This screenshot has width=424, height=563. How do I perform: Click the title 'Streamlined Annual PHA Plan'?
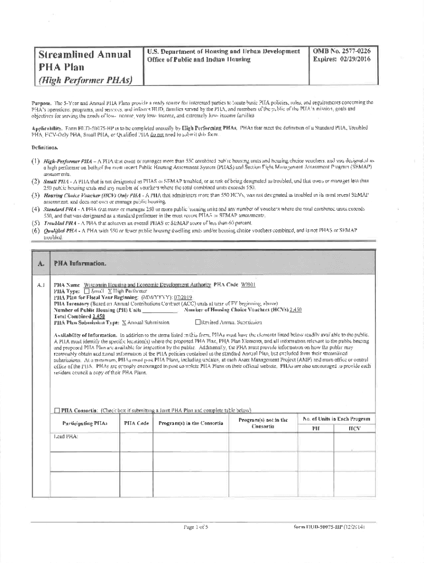click(x=83, y=61)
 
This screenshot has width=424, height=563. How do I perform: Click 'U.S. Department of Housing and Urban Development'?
click(x=223, y=51)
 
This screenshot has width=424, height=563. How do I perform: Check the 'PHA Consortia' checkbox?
click(x=57, y=410)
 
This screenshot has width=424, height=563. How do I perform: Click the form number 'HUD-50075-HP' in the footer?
click(x=329, y=527)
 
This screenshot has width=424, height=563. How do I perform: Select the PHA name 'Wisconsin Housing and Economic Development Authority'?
click(x=148, y=285)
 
